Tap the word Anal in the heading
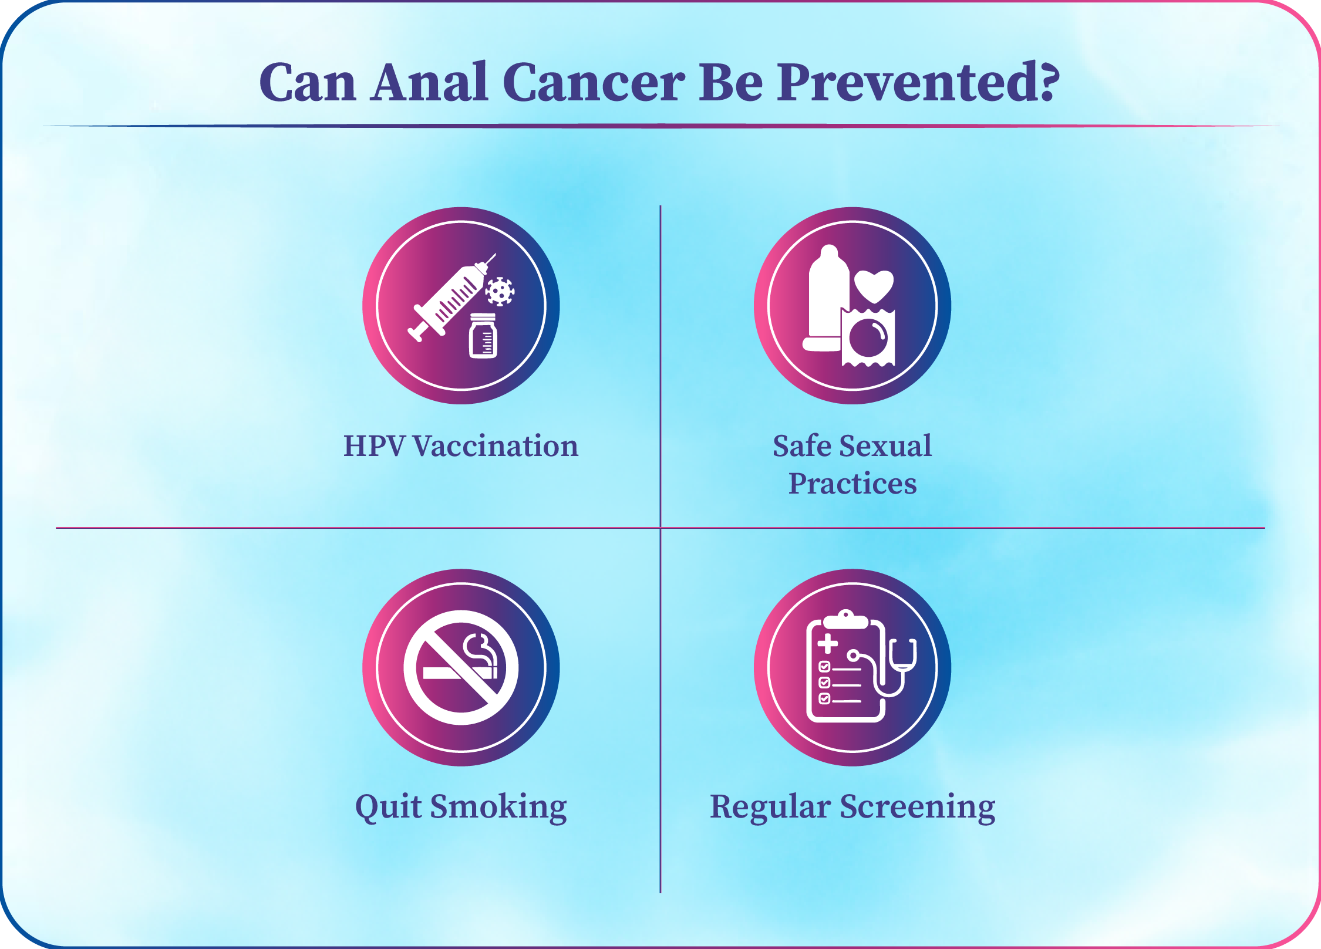pos(429,82)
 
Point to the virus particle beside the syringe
pos(500,291)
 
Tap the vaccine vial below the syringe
pos(483,336)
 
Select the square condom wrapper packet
pos(868,337)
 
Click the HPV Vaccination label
pos(461,446)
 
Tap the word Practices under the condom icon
pos(852,484)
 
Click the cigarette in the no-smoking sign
pos(460,673)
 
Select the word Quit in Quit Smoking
pos(389,808)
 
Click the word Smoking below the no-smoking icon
pos(498,808)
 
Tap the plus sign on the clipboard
pos(828,644)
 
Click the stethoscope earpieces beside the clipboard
pos(903,654)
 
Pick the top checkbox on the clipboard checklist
pos(824,666)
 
